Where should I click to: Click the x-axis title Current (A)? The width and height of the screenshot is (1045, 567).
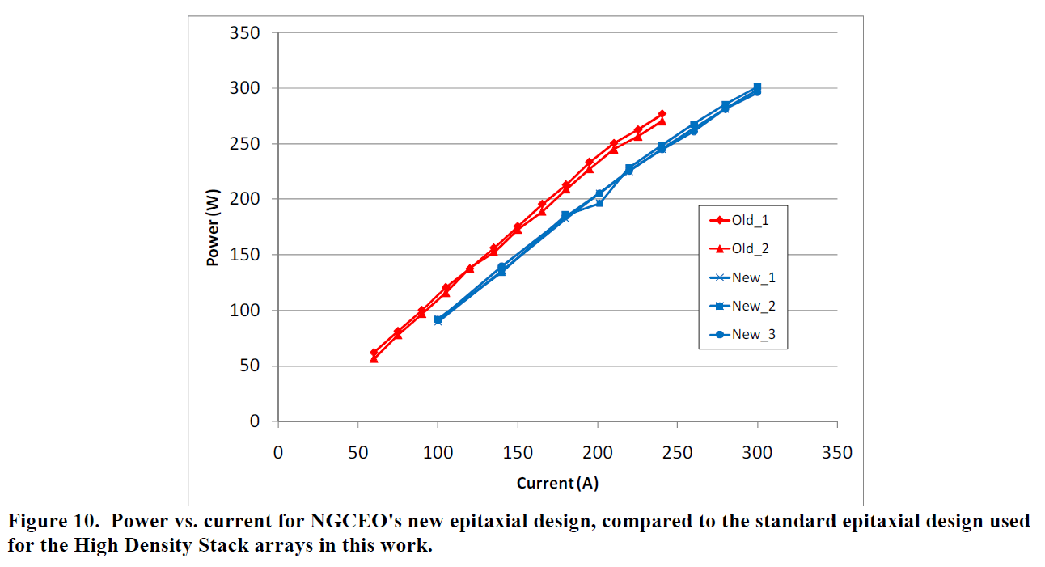pos(557,484)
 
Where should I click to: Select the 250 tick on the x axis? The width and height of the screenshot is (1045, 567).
pos(677,453)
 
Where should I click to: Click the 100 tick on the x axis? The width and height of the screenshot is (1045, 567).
pos(438,453)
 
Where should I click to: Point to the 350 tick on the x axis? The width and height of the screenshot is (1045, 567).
pos(837,453)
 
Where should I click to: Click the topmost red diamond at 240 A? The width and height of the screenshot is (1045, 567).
pos(662,114)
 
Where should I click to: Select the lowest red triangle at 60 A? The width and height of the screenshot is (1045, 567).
pos(374,358)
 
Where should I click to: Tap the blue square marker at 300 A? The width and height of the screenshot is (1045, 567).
pos(757,87)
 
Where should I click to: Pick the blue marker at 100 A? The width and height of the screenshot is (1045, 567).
pos(438,320)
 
